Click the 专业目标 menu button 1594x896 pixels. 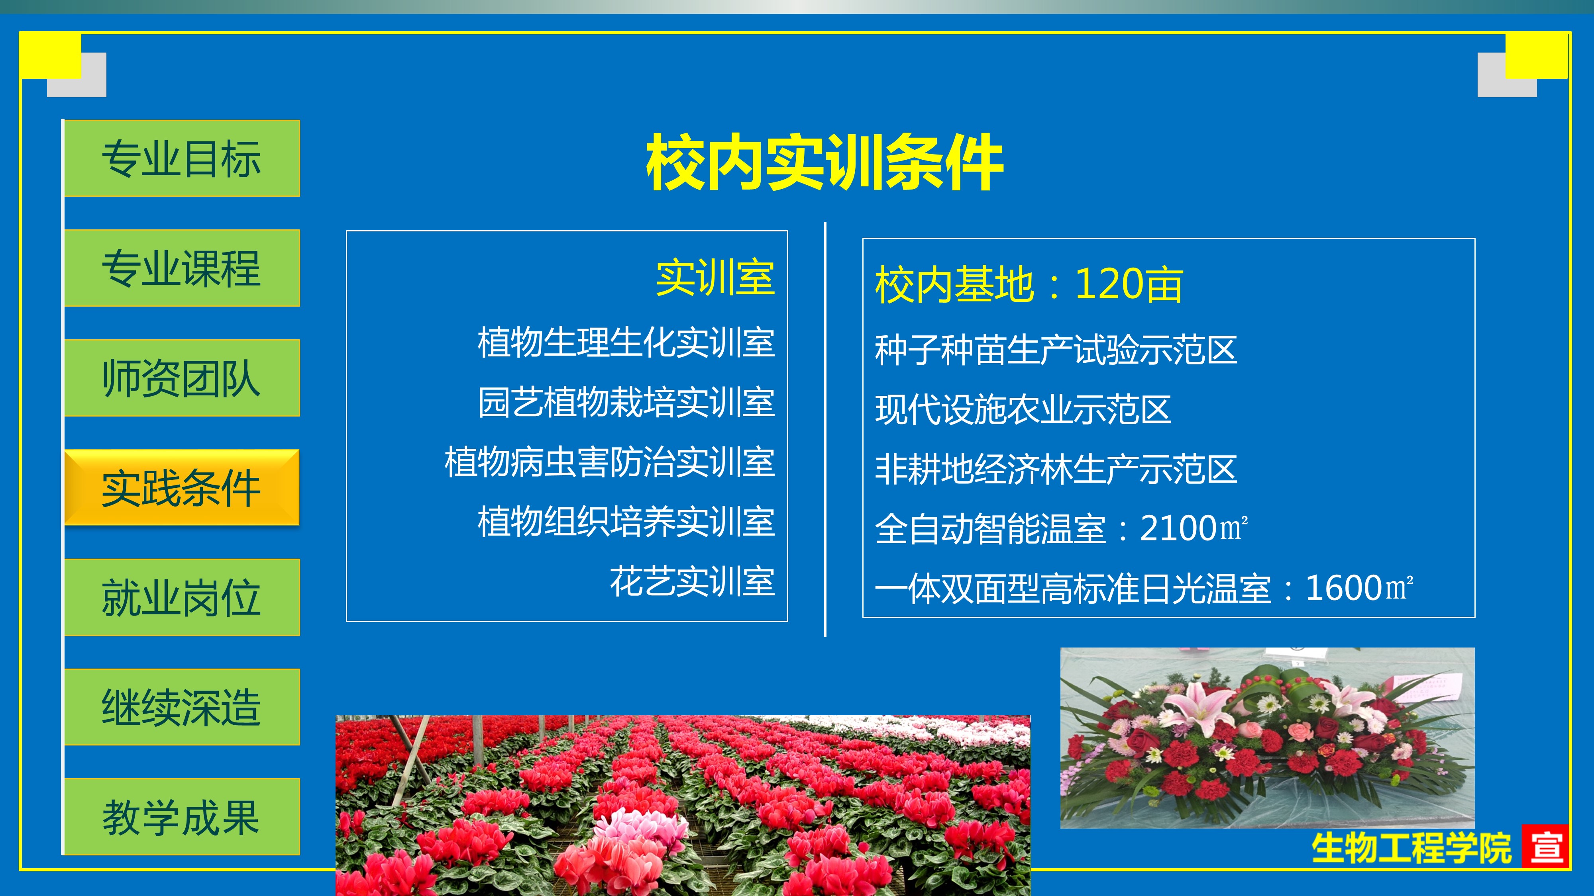pyautogui.click(x=182, y=158)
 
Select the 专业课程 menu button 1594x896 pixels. pyautogui.click(x=182, y=268)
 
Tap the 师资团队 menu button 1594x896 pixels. pyautogui.click(x=182, y=378)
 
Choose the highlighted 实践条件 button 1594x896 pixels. pyautogui.click(x=182, y=487)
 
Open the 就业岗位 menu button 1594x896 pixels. pyautogui.click(x=182, y=597)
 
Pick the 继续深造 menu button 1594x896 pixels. pyautogui.click(x=182, y=707)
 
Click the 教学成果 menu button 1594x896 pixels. pyautogui.click(x=182, y=817)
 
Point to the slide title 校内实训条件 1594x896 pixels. pyautogui.click(x=824, y=162)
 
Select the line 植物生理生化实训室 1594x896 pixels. pyautogui.click(x=626, y=342)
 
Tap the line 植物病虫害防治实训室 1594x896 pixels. pyautogui.click(x=610, y=462)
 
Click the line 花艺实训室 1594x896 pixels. pyautogui.click(x=693, y=581)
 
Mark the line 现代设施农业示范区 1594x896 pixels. pyautogui.click(x=1023, y=409)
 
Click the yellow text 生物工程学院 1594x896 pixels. pyautogui.click(x=1411, y=848)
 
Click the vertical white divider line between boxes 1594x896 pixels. pyautogui.click(x=825, y=429)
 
